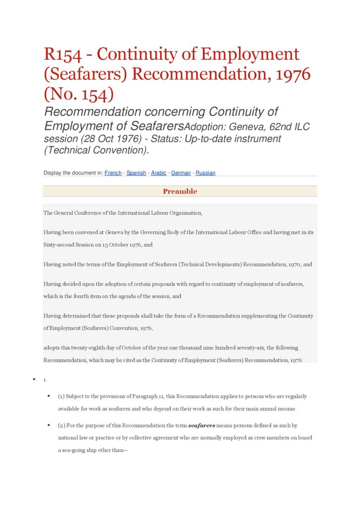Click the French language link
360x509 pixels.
tap(113, 173)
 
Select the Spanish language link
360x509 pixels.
tap(136, 173)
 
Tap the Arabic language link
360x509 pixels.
tap(159, 173)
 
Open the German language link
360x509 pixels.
tap(181, 173)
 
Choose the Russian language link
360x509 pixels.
tap(205, 173)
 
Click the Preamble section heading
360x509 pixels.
tap(180, 191)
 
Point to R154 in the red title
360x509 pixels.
tap(65, 54)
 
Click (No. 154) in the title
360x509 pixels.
tap(79, 94)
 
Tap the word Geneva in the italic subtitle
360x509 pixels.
tap(243, 127)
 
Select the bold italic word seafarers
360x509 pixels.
tap(201, 426)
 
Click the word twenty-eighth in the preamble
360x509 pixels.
tap(83, 348)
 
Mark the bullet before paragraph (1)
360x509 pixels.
tap(49, 396)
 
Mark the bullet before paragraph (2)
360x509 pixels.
tap(49, 425)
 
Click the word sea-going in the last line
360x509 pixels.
tap(74, 450)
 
